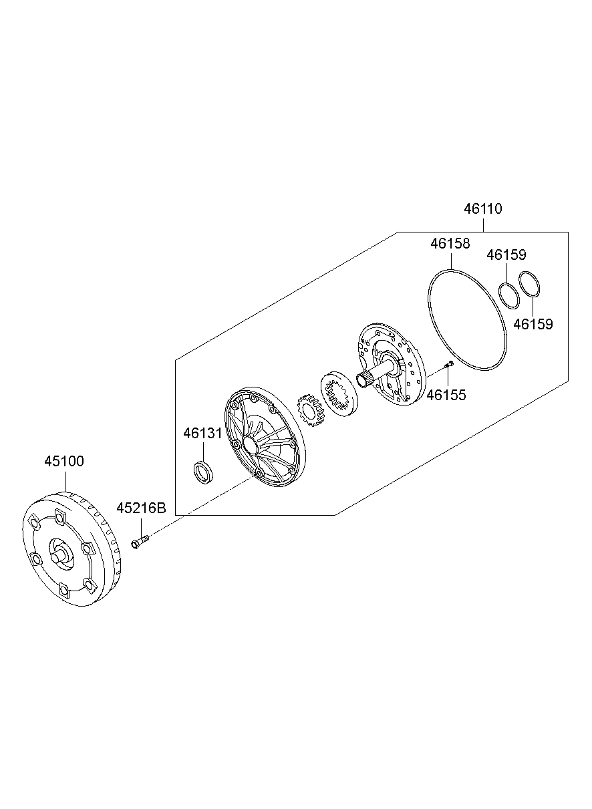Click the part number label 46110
[482, 208]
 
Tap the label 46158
[450, 244]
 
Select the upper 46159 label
[506, 255]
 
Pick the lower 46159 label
[533, 324]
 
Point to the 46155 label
[446, 395]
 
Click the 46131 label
[202, 434]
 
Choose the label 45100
[64, 461]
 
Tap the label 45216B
[141, 508]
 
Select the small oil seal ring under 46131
[203, 472]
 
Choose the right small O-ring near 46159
[529, 285]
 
